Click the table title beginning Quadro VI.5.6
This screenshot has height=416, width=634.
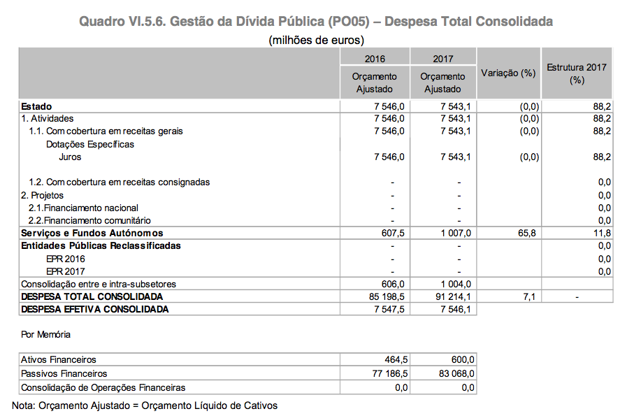pos(316,22)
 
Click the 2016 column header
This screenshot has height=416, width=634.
pos(375,59)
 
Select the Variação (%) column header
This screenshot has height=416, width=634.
pos(508,73)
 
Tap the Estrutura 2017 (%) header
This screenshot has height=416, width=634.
pos(576,73)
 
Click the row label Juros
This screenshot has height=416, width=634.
pos(71,157)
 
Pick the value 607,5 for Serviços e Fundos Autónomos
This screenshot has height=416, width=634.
pos(390,233)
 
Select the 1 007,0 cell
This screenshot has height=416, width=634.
pos(456,233)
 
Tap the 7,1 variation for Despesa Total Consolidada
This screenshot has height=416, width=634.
pos(529,296)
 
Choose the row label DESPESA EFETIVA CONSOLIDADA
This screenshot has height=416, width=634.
pos(95,308)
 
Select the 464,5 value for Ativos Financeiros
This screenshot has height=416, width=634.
pos(394,359)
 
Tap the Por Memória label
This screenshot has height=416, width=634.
pos(46,335)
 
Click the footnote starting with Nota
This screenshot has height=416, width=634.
pos(145,406)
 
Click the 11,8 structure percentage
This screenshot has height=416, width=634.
pos(602,233)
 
